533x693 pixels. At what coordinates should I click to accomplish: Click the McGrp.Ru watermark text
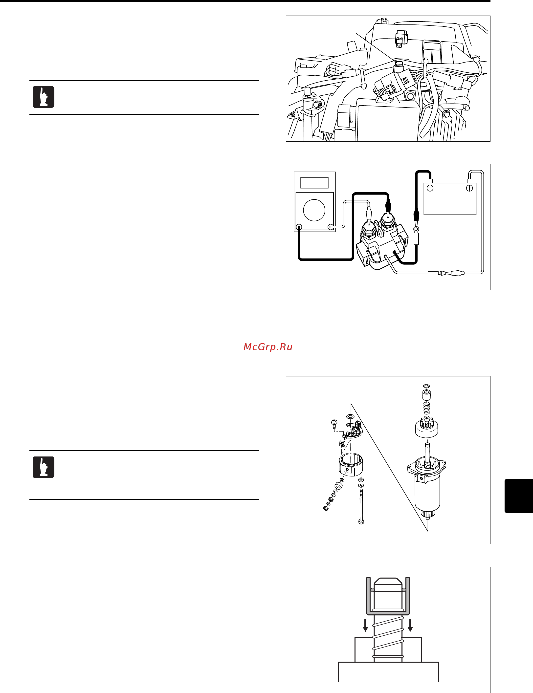click(267, 347)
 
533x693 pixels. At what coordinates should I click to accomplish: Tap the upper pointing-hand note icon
click(44, 97)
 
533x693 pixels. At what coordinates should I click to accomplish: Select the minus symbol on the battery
click(430, 188)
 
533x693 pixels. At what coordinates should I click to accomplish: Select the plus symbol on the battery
click(469, 188)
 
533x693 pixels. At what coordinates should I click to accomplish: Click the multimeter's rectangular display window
click(314, 183)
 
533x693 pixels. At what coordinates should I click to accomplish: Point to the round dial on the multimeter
click(314, 210)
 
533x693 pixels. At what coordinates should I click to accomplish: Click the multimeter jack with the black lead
click(299, 227)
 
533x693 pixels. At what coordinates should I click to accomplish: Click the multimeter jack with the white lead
click(331, 227)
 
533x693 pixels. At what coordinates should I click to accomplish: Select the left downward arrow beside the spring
click(365, 625)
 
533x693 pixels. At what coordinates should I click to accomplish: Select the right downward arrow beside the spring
click(410, 625)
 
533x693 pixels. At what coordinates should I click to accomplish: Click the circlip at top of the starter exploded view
click(426, 386)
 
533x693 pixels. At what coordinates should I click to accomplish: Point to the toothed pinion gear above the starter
click(426, 426)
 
